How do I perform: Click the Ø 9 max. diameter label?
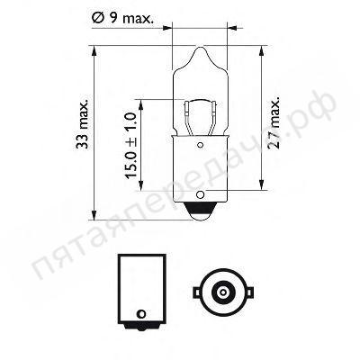tap(202, 15)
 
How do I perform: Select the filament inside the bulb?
tap(200, 112)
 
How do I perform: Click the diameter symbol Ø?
tap(171, 15)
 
